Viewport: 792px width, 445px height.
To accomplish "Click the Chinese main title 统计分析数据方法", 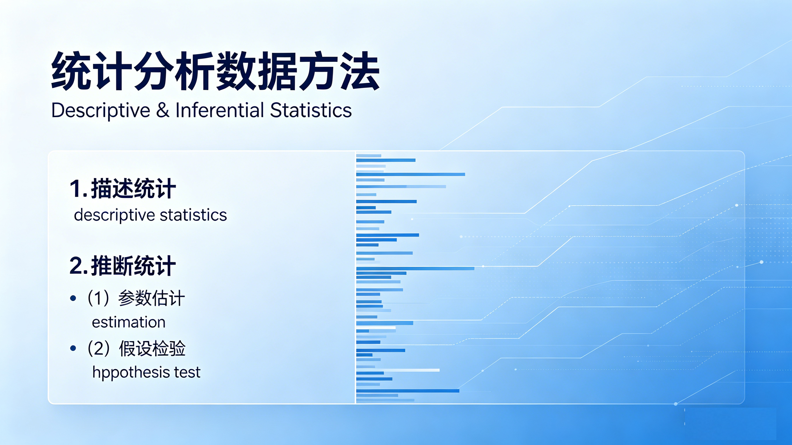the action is point(215,71).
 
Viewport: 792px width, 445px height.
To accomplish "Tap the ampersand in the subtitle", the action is point(163,110).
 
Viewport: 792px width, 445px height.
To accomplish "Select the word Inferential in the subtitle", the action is point(220,110).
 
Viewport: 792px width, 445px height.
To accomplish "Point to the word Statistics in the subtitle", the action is point(311,110).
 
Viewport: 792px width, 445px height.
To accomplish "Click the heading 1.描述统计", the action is point(123,188).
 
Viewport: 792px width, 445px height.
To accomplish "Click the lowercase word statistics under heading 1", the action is point(194,215).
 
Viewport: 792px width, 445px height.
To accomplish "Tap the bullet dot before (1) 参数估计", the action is point(73,298).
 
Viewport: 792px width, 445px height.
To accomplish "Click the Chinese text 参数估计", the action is point(151,298).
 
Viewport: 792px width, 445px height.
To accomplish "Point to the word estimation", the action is point(129,322).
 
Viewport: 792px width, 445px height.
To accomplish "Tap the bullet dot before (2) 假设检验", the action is point(73,348).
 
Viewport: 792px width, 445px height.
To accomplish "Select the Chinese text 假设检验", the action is point(152,348).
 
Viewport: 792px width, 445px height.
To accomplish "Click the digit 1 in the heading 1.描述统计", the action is point(75,188).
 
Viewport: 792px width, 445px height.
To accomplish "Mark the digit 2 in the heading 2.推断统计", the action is point(76,266).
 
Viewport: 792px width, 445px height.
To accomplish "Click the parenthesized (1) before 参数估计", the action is point(98,298).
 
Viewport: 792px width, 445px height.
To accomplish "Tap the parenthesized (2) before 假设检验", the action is point(98,348).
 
